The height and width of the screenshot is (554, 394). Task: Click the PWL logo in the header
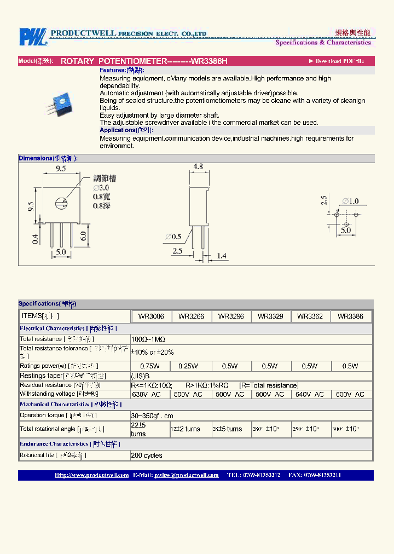(33, 37)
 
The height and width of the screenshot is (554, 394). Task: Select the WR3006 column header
(152, 316)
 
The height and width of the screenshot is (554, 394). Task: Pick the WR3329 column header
(270, 316)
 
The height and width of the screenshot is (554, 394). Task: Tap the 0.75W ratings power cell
(150, 366)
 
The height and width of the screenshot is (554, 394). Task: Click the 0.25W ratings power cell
(191, 366)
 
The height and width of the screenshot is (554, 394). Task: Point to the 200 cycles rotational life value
(147, 455)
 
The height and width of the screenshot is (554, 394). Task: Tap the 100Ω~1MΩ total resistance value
(148, 339)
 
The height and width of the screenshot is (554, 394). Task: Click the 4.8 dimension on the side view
(198, 166)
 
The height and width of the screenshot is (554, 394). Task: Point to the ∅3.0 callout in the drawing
(101, 187)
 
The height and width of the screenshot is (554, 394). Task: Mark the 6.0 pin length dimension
(84, 236)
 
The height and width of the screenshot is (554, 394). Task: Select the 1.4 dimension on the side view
(222, 256)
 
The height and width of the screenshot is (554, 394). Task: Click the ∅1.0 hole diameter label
(350, 201)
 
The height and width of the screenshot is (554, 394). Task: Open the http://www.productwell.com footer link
(91, 475)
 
